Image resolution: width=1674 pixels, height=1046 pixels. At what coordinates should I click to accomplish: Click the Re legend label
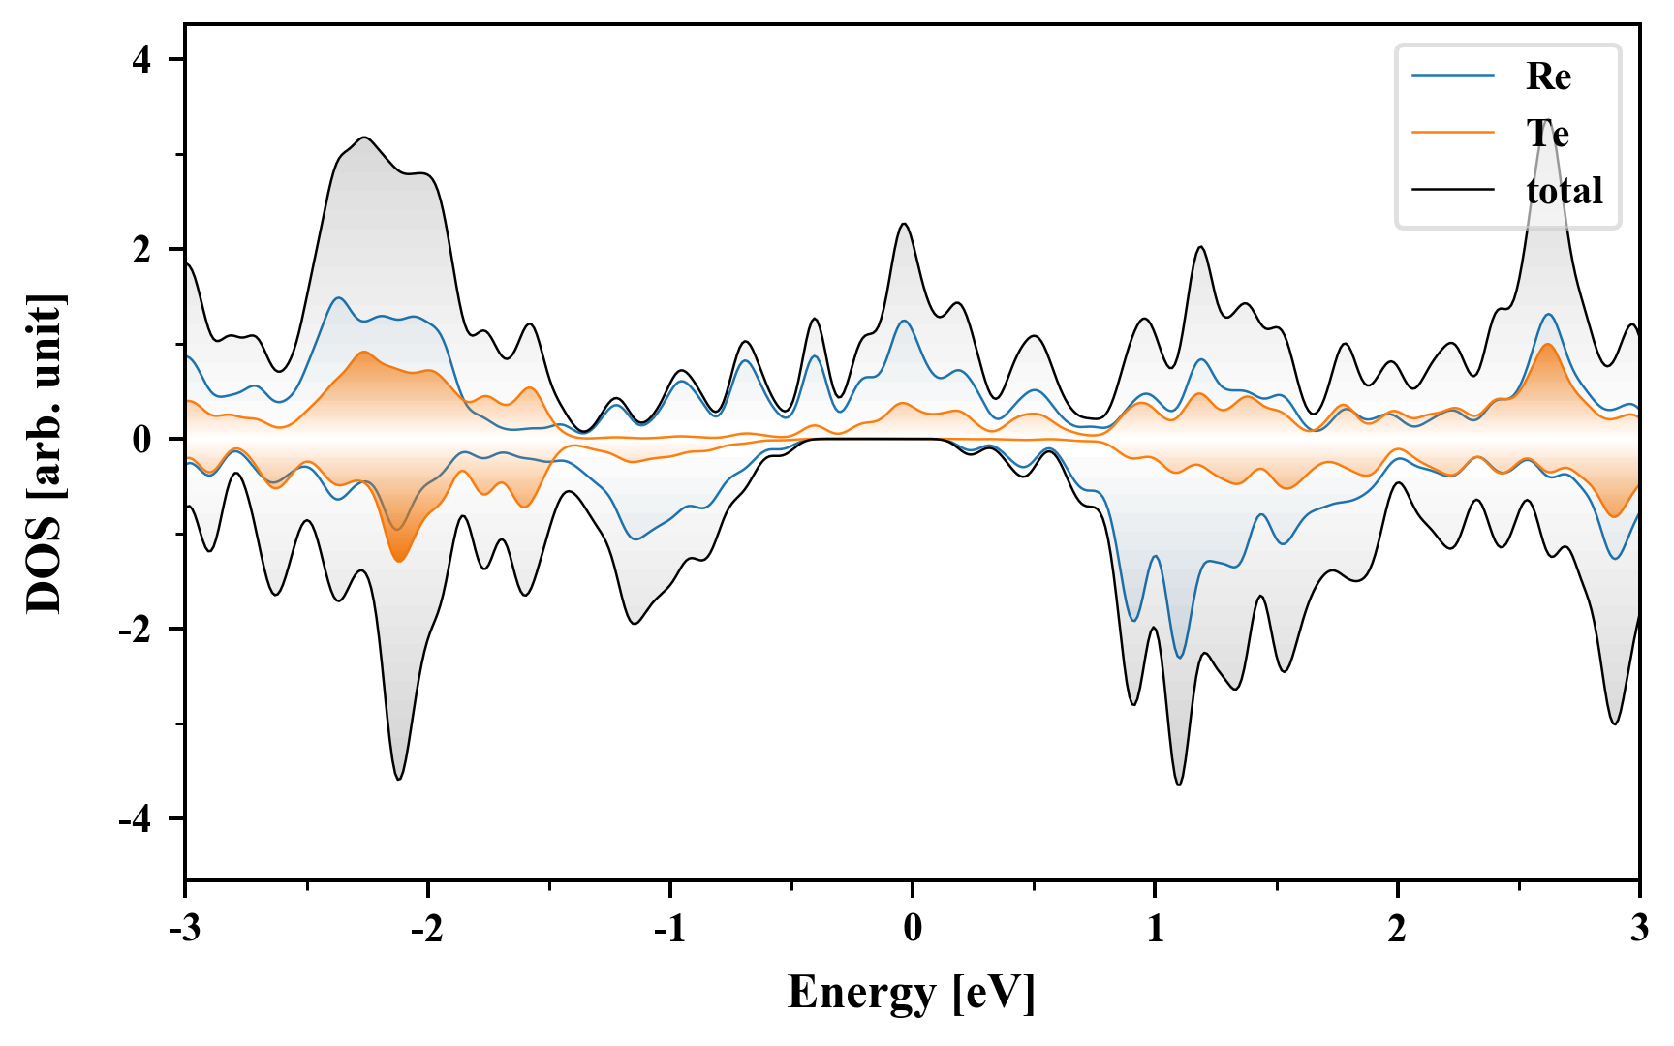[x=1547, y=77]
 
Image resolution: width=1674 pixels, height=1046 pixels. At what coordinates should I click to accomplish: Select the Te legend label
[x=1547, y=134]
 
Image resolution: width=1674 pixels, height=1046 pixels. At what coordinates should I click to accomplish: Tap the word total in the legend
[x=1564, y=191]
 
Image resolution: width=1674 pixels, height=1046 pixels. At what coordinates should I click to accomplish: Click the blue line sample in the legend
[x=1453, y=76]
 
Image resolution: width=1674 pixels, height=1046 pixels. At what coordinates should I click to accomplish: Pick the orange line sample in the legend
[x=1453, y=133]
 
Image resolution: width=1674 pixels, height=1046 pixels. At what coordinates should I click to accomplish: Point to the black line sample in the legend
[x=1453, y=190]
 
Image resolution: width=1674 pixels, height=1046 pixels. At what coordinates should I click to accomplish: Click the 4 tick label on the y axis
[x=143, y=60]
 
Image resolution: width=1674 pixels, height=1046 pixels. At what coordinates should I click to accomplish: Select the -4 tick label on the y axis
[x=137, y=819]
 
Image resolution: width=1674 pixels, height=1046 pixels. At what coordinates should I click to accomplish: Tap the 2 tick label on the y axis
[x=143, y=250]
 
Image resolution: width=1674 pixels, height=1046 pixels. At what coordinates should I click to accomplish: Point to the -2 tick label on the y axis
[x=137, y=630]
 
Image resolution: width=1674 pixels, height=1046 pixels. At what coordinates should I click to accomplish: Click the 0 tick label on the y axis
[x=143, y=440]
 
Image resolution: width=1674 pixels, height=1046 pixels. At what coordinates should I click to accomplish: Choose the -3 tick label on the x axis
[x=184, y=929]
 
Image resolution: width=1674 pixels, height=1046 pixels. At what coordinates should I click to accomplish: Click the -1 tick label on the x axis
[x=669, y=929]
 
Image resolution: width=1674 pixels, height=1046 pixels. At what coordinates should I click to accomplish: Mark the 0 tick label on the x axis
[x=913, y=929]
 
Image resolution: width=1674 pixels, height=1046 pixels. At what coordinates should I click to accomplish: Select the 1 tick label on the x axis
[x=1155, y=929]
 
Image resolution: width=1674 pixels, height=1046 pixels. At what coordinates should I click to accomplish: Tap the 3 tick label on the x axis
[x=1639, y=929]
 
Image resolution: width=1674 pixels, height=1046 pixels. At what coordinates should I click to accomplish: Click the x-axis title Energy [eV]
[x=912, y=993]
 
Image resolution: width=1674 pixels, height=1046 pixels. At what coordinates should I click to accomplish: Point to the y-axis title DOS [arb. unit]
[x=45, y=453]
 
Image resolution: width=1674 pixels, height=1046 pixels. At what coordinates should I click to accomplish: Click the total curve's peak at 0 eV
[x=904, y=225]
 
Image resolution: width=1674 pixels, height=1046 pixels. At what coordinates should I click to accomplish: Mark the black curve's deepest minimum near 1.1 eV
[x=1179, y=784]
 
